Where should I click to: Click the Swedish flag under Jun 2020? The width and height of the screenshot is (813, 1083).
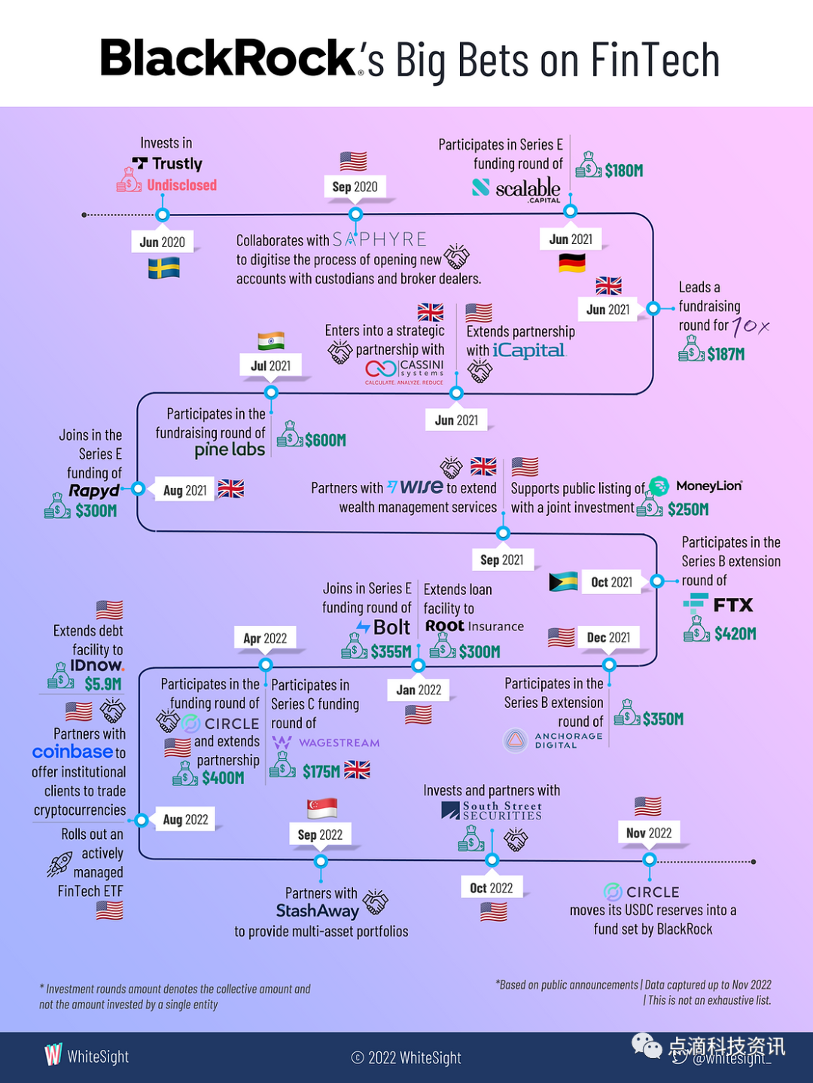163,268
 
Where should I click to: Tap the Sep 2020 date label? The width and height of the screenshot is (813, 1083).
355,187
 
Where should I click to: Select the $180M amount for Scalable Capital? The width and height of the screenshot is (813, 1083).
624,171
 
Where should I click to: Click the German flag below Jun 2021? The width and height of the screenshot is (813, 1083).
572,263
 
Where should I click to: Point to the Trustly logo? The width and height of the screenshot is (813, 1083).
167,163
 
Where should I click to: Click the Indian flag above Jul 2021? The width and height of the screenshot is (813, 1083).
271,341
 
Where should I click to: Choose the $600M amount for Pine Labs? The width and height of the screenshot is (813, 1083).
325,440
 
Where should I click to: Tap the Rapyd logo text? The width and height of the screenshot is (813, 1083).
94,491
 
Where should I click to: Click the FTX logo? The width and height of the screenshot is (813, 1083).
718,604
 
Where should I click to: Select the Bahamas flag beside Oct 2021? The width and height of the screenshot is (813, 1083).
564,581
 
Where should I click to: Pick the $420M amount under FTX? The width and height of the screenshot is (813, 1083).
735,634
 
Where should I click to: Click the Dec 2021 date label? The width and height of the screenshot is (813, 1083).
608,638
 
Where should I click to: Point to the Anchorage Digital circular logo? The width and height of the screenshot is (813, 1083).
516,740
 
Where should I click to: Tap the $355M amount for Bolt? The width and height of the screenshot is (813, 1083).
391,651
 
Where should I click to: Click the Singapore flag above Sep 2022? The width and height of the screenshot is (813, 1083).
322,808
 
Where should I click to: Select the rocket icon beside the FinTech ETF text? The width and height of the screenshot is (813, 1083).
59,865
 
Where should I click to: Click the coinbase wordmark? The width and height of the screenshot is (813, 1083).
72,752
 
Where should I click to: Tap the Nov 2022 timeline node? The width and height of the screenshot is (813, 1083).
649,859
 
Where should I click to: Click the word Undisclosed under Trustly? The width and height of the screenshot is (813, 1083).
181,185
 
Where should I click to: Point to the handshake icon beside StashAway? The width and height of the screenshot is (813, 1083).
376,901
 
